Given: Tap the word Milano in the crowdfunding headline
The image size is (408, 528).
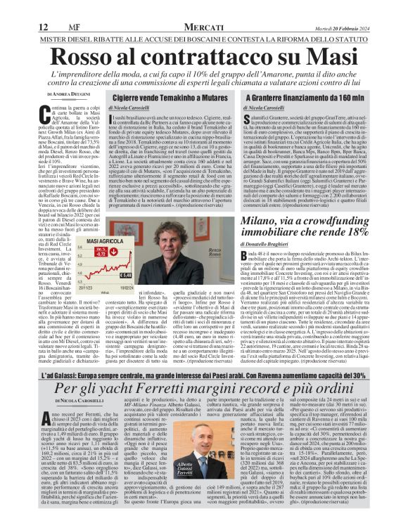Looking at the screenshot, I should point(264,224).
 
